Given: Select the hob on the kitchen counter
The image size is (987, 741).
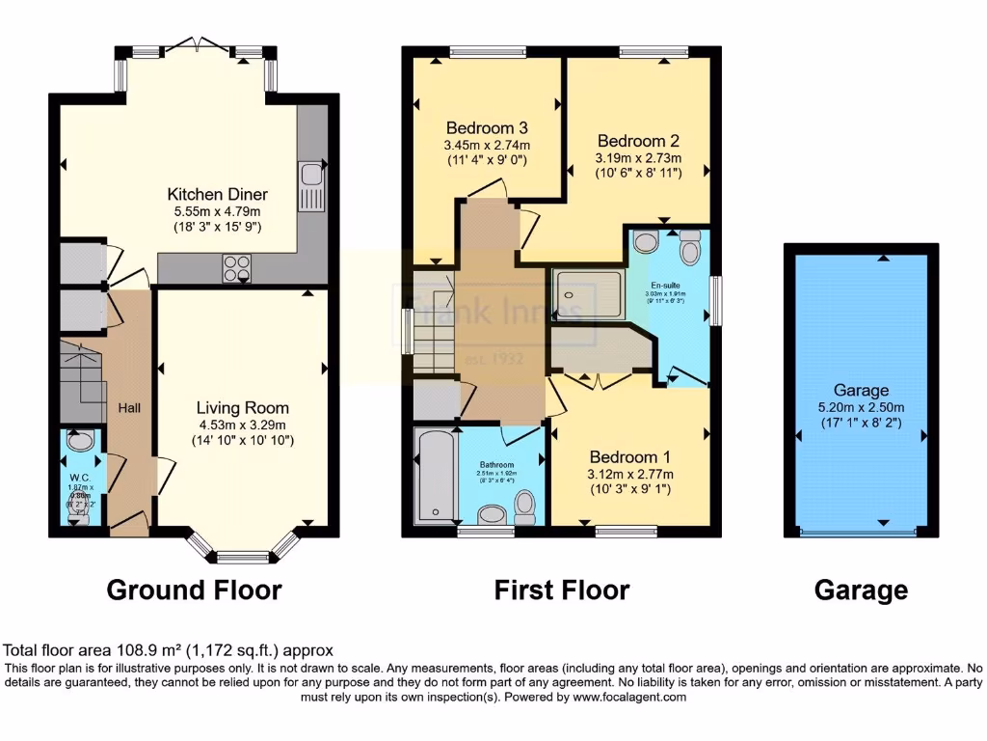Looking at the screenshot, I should coord(237,265).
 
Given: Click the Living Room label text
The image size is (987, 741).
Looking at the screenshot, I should coord(243,407).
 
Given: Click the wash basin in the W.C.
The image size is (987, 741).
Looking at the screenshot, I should coord(82,443).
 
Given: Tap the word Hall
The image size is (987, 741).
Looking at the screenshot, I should coord(129,408).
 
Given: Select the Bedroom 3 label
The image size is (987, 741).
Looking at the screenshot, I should coord(487,127).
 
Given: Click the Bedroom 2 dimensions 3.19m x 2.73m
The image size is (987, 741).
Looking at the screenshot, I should coord(638,158).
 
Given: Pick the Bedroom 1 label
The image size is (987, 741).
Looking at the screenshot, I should coord(630,456).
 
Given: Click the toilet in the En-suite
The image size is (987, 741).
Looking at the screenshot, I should coord(690,249).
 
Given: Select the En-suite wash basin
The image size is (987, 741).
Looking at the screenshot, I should coord(647,241).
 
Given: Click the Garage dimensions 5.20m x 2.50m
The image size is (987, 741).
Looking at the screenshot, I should coord(861,407).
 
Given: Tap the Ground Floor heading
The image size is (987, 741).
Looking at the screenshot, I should coord(194,590).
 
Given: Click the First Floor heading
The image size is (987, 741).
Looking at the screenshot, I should coord(562,590).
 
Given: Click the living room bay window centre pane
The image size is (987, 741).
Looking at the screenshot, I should coord(243,556).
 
